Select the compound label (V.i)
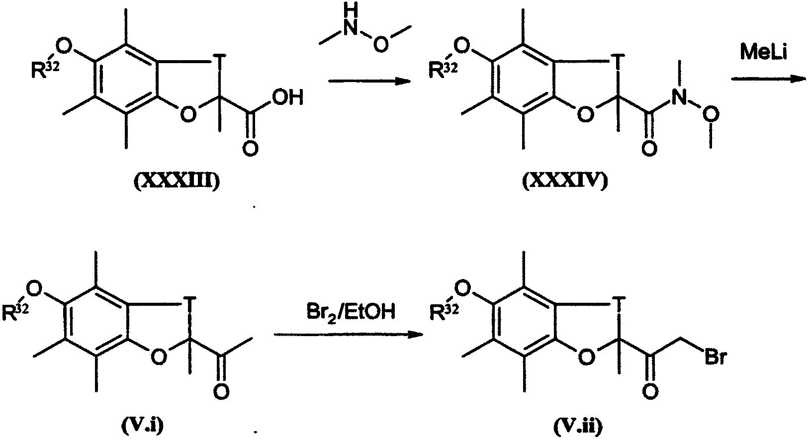coord(142,426)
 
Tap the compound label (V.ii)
coord(578,426)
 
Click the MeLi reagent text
coord(763,51)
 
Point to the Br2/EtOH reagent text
coord(351,311)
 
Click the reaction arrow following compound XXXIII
coord(369,81)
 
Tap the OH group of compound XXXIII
coord(288,97)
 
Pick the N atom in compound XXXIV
coord(680,97)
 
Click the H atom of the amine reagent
coord(351,11)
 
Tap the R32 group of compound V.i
coord(15,312)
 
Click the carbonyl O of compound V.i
coord(221,391)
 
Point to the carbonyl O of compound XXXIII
coord(250,148)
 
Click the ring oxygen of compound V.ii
coord(586,357)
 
